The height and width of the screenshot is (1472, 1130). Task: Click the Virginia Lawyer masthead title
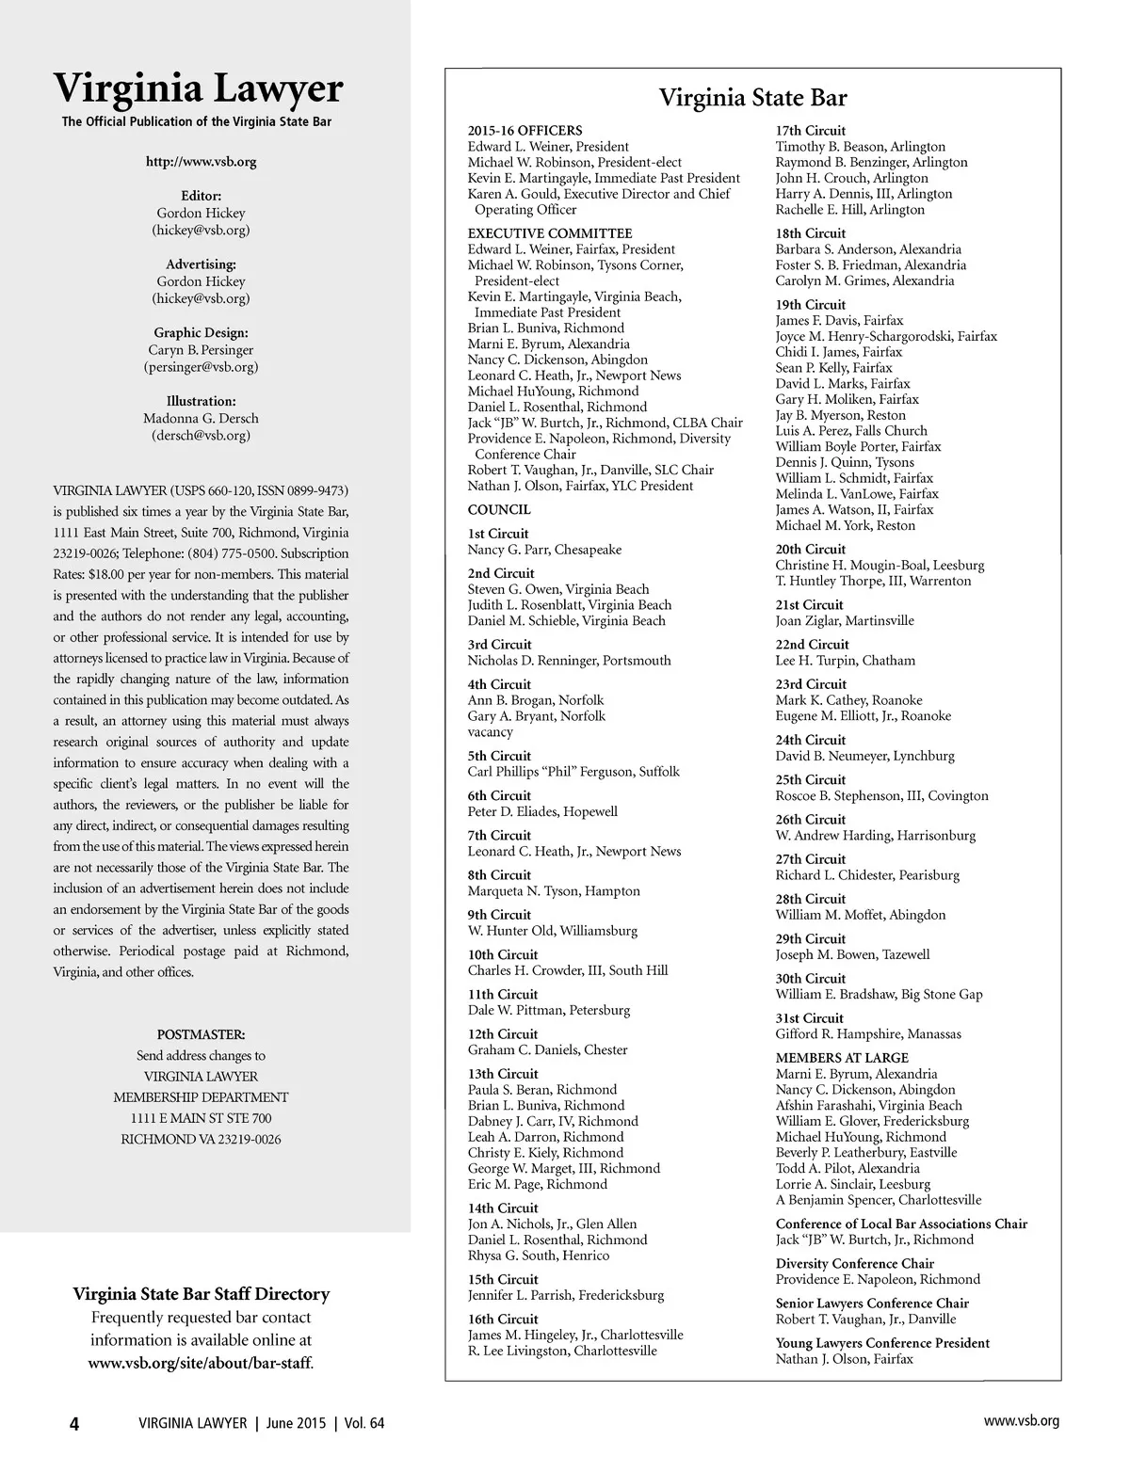198,88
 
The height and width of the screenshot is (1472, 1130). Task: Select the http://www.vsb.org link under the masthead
201,162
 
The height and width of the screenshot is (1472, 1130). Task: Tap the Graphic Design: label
201,333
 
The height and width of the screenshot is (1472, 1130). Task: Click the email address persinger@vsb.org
201,367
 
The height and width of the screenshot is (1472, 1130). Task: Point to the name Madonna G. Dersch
201,419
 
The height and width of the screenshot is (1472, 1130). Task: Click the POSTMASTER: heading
201,1035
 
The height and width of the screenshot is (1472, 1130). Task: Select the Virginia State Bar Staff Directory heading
201,1294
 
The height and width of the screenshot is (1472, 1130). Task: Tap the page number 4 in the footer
74,1424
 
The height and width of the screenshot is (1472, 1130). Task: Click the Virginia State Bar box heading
752,98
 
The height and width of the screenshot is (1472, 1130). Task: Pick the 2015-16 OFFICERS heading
525,131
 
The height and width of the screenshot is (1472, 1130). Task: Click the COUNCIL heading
499,510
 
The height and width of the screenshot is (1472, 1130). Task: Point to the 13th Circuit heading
503,1074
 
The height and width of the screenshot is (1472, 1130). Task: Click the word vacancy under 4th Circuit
490,732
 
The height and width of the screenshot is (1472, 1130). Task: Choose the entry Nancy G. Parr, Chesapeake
544,550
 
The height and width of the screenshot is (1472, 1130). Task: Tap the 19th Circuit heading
811,305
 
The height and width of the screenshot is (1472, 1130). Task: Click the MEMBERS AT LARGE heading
842,1058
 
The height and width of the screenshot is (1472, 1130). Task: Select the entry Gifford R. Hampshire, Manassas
868,1034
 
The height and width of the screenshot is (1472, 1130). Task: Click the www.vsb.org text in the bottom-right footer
1022,1422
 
